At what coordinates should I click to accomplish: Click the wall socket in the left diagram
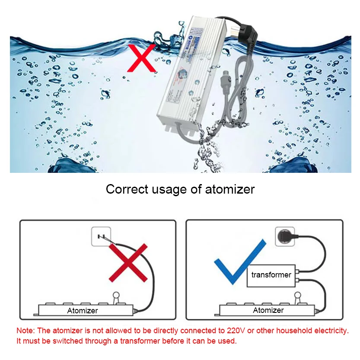click(102, 237)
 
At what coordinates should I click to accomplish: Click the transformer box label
click(271, 275)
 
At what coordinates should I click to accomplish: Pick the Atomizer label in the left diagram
click(83, 310)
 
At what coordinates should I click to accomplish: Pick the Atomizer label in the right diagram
click(268, 310)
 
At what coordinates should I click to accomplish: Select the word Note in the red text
click(25, 331)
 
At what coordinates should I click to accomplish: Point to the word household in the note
click(292, 331)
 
